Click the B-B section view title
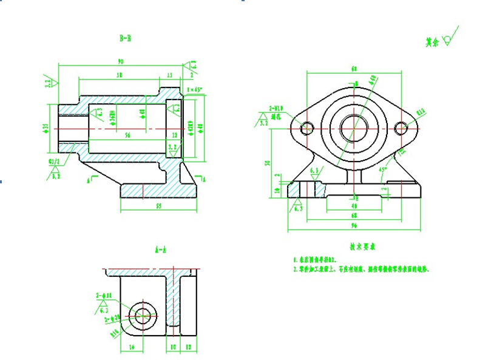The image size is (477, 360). [126, 38]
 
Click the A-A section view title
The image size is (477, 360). [161, 250]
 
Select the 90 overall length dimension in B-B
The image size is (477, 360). [120, 61]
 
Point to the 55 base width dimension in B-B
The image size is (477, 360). [158, 206]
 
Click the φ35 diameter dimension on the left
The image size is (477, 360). [46, 127]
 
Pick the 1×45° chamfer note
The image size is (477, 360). [195, 90]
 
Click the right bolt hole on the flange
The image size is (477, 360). [400, 128]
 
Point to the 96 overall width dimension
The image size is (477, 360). [354, 226]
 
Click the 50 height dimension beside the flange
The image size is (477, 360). [267, 163]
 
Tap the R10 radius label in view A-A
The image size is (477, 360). [113, 333]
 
